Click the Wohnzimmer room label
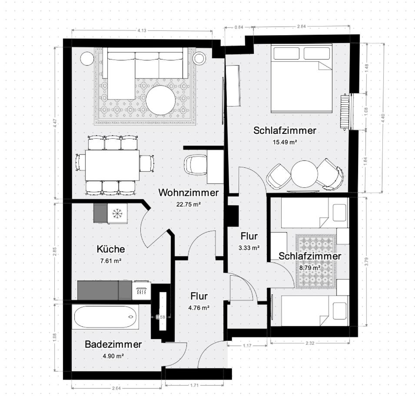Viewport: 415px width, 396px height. (x=189, y=193)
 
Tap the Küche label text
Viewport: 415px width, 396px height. (x=111, y=249)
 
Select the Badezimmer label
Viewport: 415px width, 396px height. (x=113, y=344)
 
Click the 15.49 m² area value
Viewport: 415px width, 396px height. (x=285, y=142)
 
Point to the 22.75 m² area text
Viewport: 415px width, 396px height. (x=189, y=204)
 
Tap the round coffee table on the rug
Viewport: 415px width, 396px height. (x=160, y=100)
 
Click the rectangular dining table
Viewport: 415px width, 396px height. (x=113, y=165)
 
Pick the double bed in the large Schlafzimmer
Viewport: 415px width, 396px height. (x=302, y=78)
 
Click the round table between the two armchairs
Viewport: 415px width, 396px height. (x=304, y=174)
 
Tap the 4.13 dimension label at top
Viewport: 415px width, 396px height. (x=142, y=30)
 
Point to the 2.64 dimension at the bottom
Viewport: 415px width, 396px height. (x=116, y=388)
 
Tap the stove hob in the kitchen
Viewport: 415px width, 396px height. (x=141, y=291)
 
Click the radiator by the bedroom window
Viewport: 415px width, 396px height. (x=344, y=112)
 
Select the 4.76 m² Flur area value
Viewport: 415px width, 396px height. (x=199, y=308)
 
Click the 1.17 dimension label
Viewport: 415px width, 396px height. (x=247, y=346)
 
